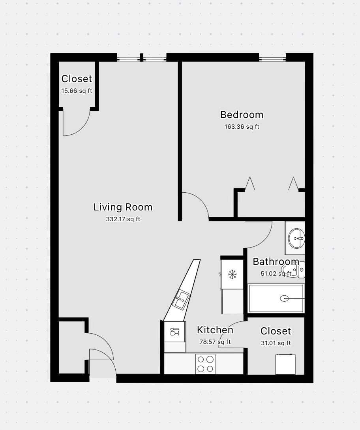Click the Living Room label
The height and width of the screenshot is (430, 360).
[123, 207]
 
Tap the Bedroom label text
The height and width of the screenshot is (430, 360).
[242, 115]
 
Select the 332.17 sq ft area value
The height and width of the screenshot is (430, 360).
[123, 219]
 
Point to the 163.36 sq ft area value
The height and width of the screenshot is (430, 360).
[242, 127]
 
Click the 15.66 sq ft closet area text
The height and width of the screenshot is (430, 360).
[77, 91]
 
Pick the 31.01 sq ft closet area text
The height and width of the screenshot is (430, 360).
[276, 343]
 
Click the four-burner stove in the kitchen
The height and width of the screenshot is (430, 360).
[205, 364]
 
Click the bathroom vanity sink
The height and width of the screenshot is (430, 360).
[296, 238]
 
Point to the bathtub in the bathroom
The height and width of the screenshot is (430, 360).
[276, 298]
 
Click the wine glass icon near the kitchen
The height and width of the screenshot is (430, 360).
[174, 331]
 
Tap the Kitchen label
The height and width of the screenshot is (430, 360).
[215, 330]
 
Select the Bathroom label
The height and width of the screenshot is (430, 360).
[276, 261]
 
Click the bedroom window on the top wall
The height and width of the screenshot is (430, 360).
[272, 60]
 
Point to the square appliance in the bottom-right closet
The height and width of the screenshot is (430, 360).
[285, 364]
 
